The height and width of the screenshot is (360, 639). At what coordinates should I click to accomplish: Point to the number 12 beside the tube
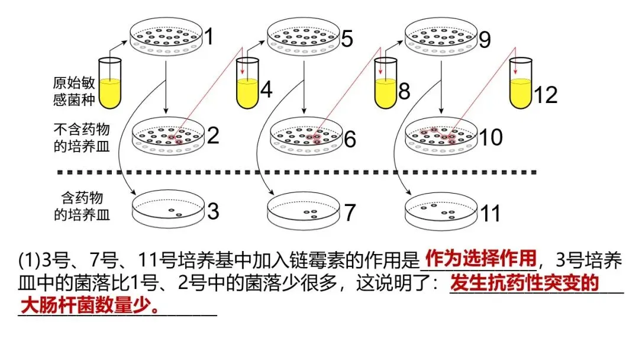tap(546, 94)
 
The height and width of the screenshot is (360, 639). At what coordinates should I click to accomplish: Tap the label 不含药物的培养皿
tap(82, 138)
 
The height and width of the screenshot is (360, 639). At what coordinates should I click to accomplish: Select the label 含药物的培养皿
tap(82, 206)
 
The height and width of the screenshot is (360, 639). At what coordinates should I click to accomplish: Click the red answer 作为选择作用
tap(480, 258)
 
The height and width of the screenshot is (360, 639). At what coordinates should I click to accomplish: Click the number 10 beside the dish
tap(490, 137)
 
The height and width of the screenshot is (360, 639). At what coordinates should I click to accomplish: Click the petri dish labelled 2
tap(168, 136)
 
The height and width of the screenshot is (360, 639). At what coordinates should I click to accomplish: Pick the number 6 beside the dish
tap(350, 140)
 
